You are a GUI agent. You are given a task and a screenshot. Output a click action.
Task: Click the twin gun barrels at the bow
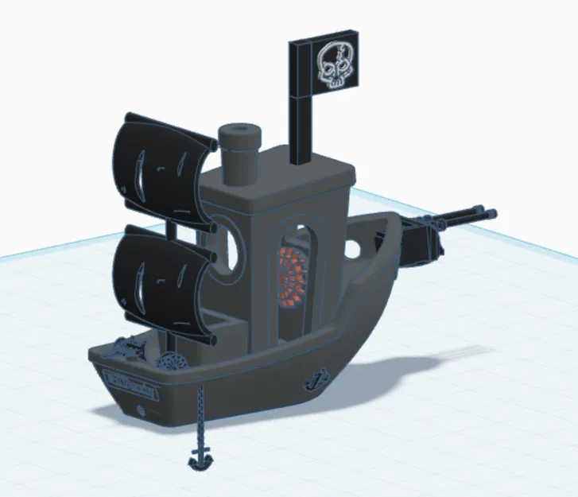click(x=465, y=215)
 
